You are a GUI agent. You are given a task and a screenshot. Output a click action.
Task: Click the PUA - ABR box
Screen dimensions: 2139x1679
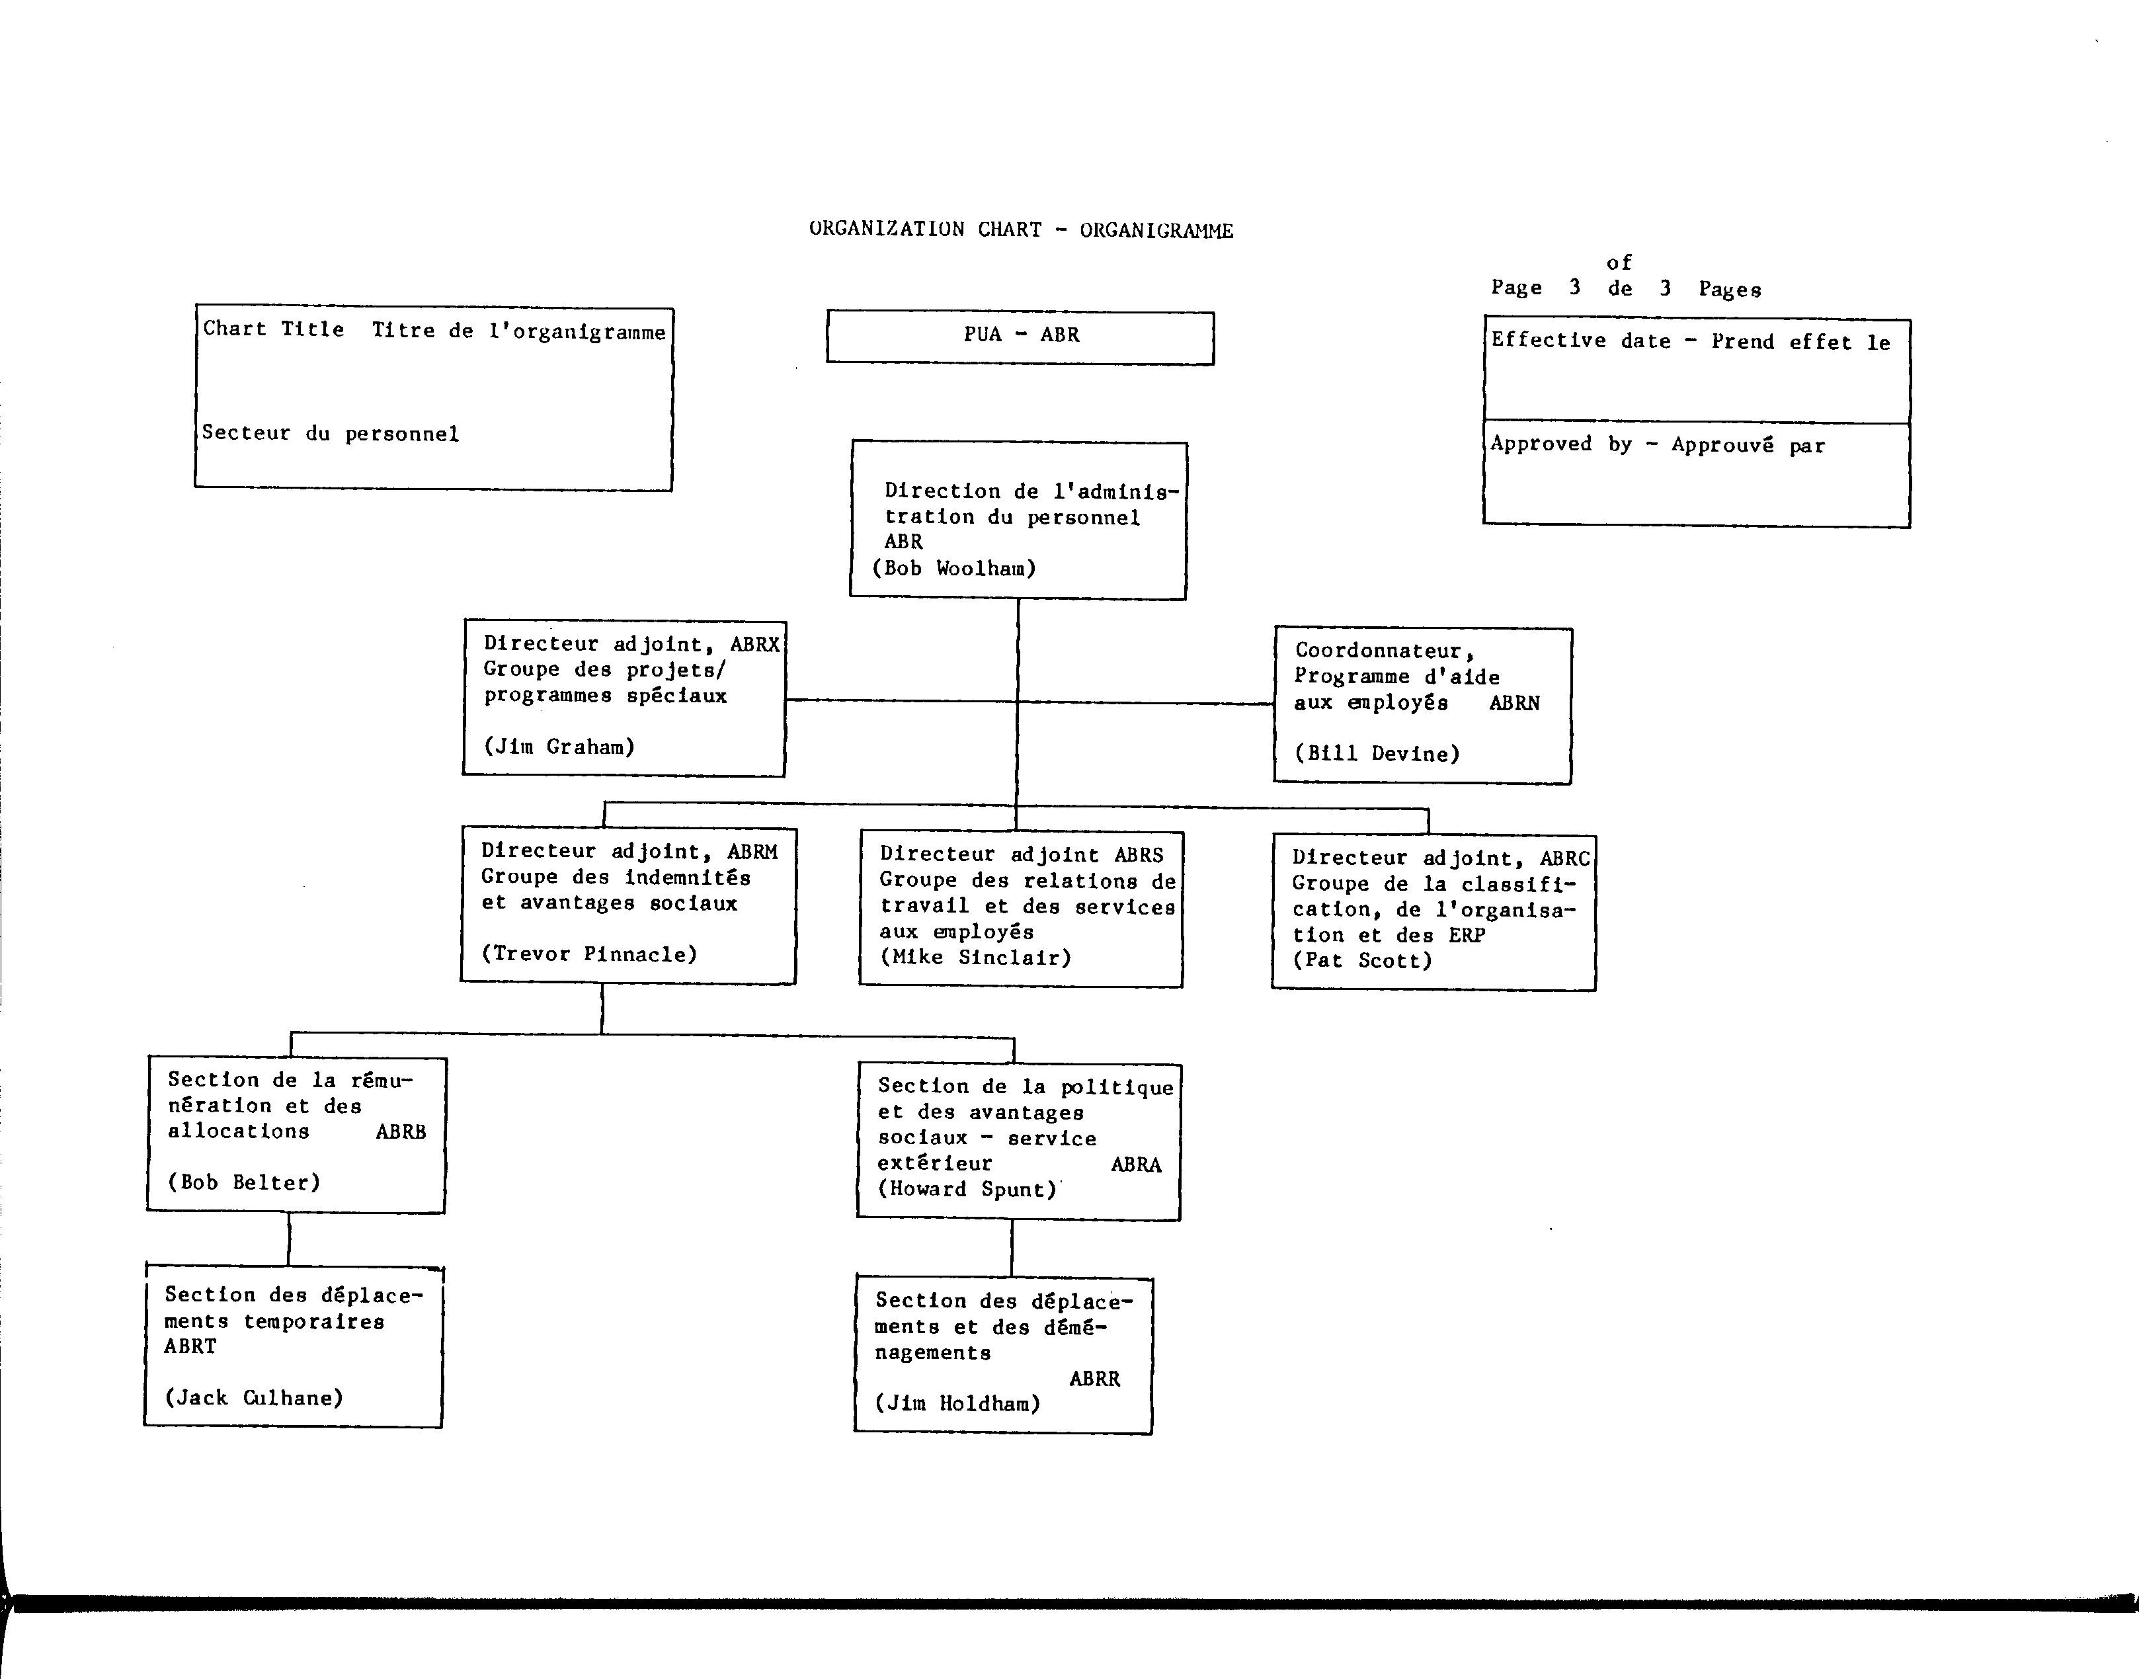pos(1020,337)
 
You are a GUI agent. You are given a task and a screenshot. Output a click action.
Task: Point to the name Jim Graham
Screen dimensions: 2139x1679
pos(559,747)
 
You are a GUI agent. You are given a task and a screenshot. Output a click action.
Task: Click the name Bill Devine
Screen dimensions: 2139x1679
pos(1377,754)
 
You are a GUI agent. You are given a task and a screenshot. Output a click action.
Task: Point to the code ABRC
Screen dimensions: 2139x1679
pos(1565,858)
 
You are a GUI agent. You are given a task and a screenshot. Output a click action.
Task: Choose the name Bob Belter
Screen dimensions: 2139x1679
pos(244,1182)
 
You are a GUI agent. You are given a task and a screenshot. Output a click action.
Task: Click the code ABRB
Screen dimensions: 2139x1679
pos(401,1131)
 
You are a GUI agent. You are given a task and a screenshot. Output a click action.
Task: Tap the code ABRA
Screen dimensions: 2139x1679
pos(1137,1165)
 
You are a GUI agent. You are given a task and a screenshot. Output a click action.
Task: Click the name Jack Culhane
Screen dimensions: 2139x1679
pos(254,1398)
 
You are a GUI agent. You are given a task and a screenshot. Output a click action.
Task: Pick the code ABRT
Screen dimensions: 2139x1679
pos(190,1347)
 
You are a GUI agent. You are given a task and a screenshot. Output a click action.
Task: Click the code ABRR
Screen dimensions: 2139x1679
pos(1095,1379)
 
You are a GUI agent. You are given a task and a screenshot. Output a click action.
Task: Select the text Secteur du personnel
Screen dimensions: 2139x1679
pos(331,434)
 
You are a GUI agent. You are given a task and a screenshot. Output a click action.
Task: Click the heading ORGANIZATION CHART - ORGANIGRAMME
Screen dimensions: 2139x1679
pos(1022,230)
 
